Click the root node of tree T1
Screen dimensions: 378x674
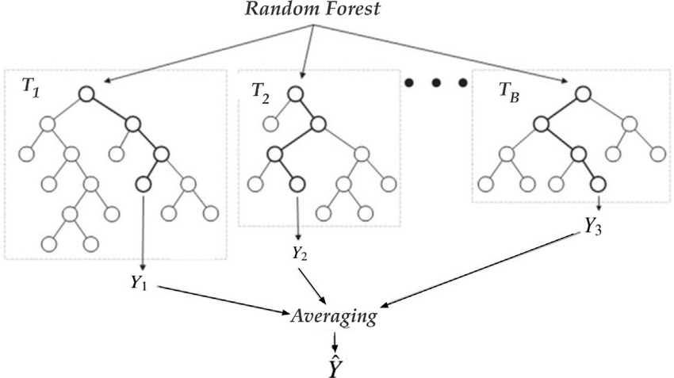click(87, 95)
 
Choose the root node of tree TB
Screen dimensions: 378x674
click(582, 95)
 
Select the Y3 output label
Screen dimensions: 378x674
click(594, 226)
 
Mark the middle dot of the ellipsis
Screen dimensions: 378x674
click(435, 82)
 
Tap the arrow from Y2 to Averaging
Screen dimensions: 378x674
click(312, 283)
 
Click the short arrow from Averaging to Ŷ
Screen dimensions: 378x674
click(335, 338)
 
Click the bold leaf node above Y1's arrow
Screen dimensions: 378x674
click(144, 185)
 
